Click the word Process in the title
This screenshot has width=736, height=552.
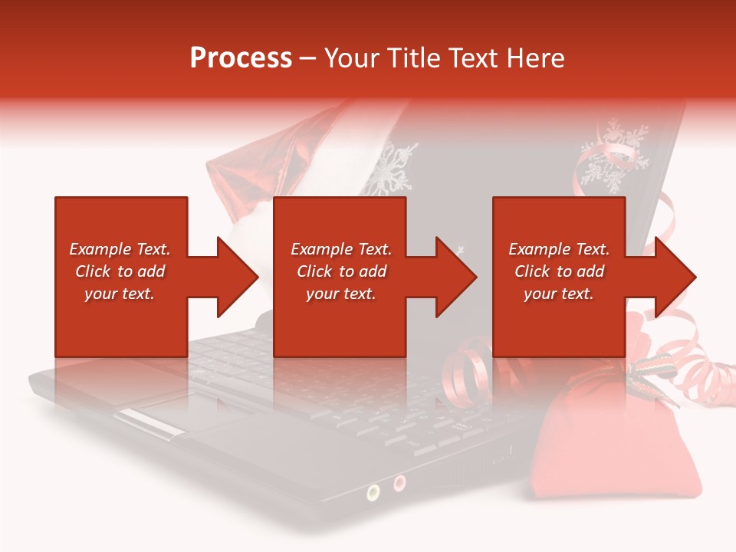click(241, 58)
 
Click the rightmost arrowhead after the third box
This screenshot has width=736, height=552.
click(674, 277)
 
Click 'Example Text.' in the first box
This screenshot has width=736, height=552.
click(120, 249)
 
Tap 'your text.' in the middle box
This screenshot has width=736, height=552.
click(340, 294)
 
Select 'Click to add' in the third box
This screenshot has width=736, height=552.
click(559, 271)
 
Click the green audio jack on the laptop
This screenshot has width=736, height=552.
click(373, 491)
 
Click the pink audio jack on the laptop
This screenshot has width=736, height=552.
click(399, 483)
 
